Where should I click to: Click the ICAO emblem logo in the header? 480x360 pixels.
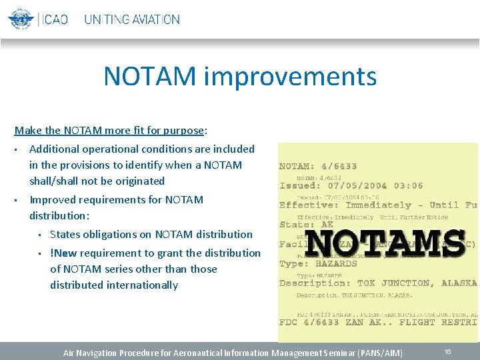click(x=21, y=18)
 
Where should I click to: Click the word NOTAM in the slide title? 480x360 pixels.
click(x=149, y=77)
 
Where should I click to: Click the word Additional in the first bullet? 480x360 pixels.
click(x=53, y=149)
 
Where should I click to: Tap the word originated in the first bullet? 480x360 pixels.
click(x=139, y=181)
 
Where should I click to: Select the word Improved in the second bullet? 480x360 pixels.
click(x=50, y=199)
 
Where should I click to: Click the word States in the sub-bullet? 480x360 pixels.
click(x=65, y=234)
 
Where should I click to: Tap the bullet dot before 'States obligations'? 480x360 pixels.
click(x=40, y=235)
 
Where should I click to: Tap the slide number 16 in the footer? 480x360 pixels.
click(x=447, y=351)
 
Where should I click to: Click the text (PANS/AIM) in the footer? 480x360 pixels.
click(x=380, y=352)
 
